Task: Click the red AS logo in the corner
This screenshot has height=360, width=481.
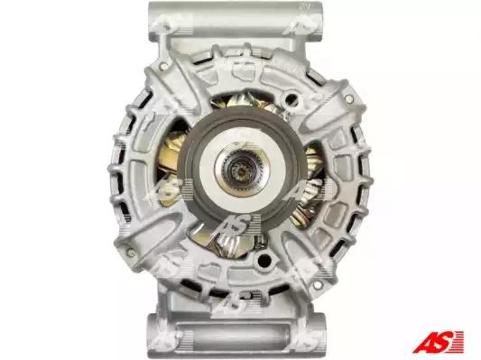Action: pyautogui.click(x=438, y=342)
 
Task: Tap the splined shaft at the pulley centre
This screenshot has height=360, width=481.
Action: pyautogui.click(x=240, y=171)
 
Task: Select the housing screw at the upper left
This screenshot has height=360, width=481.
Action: pyautogui.click(x=164, y=66)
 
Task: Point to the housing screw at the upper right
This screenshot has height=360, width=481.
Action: pyautogui.click(x=348, y=98)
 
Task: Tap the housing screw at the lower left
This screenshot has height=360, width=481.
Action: pyautogui.click(x=131, y=253)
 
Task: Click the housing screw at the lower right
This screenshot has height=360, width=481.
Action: pyautogui.click(x=318, y=285)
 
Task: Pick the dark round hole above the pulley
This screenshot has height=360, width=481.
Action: pyautogui.click(x=291, y=98)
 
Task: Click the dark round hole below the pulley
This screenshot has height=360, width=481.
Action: pyautogui.click(x=264, y=261)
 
